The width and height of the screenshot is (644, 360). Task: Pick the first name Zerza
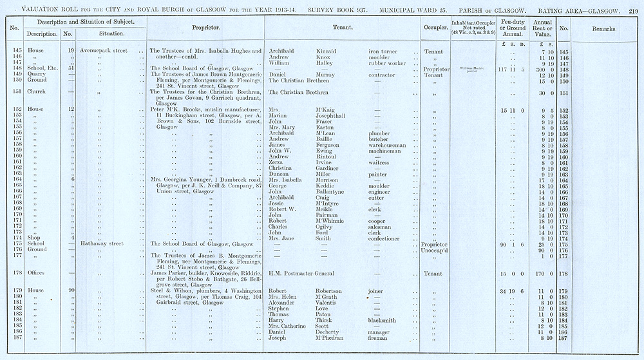point(277,163)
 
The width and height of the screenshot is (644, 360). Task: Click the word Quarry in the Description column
point(36,74)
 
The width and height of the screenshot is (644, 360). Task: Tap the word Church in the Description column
point(36,92)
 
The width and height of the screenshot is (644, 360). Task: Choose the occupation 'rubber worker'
point(387,63)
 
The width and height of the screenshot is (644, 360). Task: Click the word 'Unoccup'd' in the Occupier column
point(435,250)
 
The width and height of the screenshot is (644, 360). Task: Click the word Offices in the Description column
point(36,273)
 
